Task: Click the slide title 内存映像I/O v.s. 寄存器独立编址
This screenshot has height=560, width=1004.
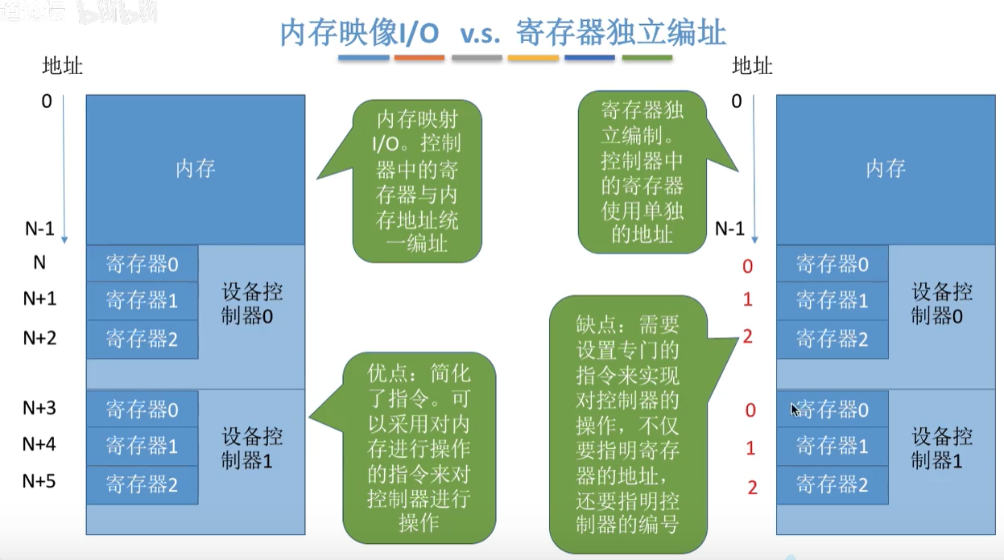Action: [x=502, y=33]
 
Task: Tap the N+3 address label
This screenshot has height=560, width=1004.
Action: [x=39, y=408]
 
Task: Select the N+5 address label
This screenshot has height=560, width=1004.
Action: [x=39, y=481]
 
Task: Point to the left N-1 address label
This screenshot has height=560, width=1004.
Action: [x=39, y=229]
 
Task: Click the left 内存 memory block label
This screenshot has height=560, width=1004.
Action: [x=196, y=169]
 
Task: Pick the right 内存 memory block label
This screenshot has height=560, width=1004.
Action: [x=886, y=169]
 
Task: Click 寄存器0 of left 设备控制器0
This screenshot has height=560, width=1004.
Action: [x=142, y=264]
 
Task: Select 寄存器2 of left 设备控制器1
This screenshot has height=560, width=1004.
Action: [x=142, y=484]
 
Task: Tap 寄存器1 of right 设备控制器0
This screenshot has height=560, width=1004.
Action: [x=832, y=301]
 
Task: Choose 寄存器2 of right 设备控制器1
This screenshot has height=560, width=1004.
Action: [x=832, y=484]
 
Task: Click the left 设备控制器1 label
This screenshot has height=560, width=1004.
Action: [x=252, y=448]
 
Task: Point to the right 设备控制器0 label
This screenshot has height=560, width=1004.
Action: [x=942, y=303]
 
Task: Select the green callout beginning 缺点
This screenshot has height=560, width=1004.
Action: [x=629, y=425]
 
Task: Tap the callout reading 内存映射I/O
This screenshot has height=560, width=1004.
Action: [x=418, y=181]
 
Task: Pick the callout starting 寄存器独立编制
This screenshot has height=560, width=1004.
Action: [x=642, y=171]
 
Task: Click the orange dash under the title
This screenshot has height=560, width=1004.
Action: [x=419, y=58]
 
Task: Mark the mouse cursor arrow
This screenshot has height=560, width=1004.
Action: [x=795, y=409]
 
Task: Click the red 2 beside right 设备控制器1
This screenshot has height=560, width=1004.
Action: [x=752, y=487]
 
